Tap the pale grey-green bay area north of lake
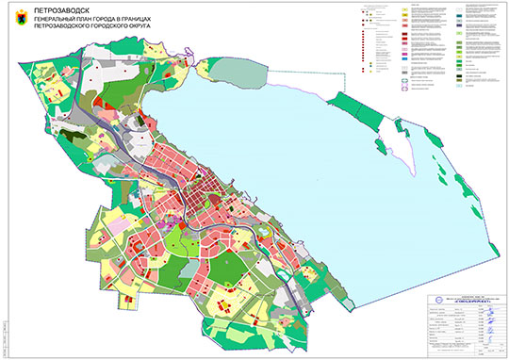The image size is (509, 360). click(x=227, y=71)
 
